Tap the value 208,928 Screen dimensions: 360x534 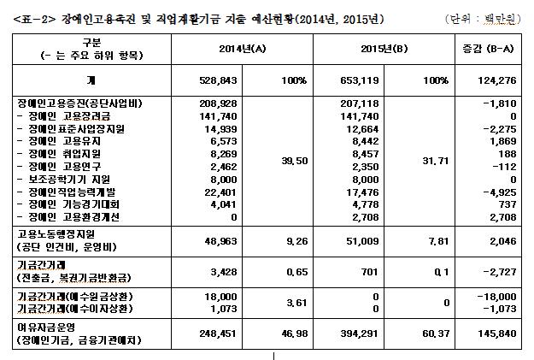[x=217, y=102]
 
